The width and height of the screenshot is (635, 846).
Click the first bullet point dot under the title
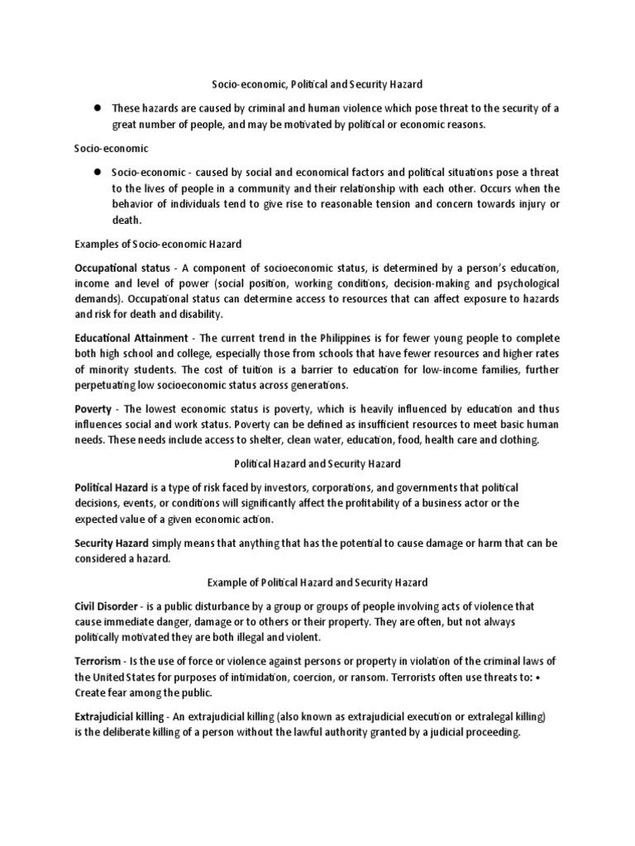coord(97,108)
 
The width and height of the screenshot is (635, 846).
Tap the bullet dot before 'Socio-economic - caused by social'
coord(97,172)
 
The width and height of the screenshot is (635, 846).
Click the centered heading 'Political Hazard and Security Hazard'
coord(317,463)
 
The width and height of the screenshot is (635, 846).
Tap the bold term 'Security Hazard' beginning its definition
coord(112,543)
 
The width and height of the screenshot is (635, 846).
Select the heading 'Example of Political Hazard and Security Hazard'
coord(317,582)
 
